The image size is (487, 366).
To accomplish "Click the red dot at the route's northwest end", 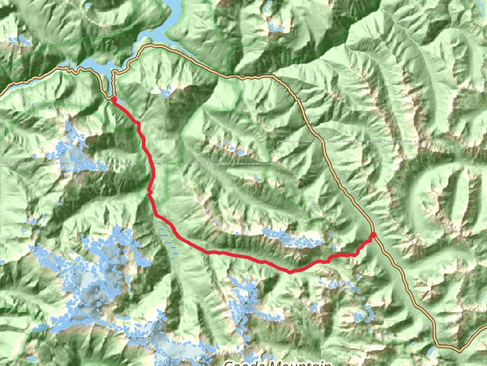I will click(113, 99).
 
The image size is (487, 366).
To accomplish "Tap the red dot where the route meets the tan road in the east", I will click(373, 235).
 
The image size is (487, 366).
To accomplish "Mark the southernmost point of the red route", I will click(290, 271).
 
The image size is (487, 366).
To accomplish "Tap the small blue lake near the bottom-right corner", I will click(430, 352).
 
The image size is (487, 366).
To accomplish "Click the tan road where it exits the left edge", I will click(2, 92).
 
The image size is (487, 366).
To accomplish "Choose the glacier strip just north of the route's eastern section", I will click(291, 238).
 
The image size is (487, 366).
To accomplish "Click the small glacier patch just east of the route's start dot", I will click(166, 92).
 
